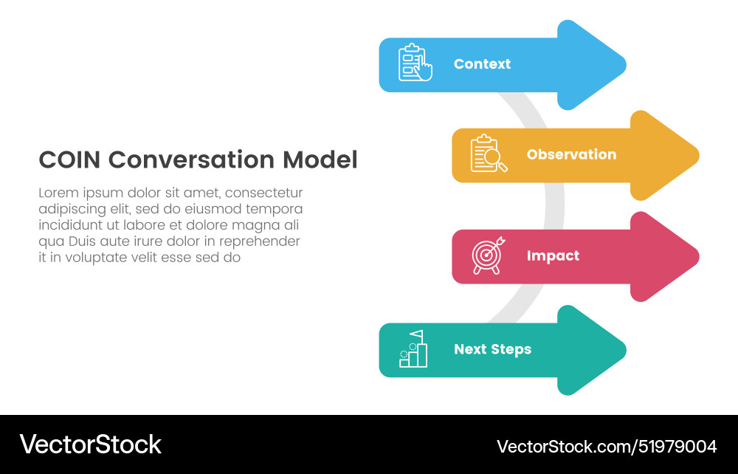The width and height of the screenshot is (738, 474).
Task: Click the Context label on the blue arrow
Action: [x=482, y=64]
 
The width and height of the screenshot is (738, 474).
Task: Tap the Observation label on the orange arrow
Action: [x=571, y=154]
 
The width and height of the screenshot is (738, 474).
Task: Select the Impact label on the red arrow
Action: [x=553, y=256]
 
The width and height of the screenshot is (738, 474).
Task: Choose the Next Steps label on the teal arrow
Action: [x=492, y=349]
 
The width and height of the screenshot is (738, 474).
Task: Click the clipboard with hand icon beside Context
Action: [x=415, y=63]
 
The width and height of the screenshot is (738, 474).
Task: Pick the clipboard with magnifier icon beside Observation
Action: [x=488, y=154]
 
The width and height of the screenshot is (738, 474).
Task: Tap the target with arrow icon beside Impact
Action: [x=488, y=256]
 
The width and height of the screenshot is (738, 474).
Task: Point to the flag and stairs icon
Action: [x=413, y=348]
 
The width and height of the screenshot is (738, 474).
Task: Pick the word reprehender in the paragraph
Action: [x=262, y=241]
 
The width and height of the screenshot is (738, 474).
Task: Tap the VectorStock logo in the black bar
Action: [x=90, y=444]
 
